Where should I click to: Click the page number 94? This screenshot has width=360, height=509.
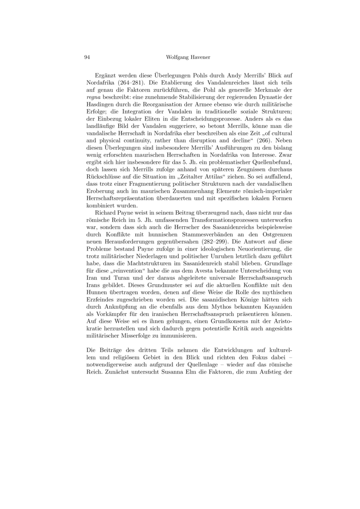pos(88,58)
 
